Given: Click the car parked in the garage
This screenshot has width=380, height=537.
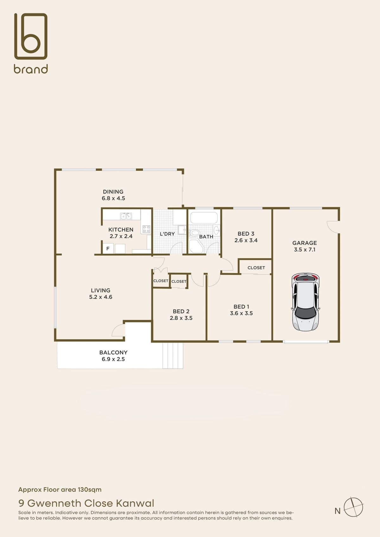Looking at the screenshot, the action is tap(306, 302).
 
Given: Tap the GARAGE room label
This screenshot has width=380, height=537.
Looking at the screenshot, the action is tap(304, 243).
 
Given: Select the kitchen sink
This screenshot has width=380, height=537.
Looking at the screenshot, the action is tap(126, 216).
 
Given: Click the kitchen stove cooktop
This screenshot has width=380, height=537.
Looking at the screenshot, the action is tap(146, 229).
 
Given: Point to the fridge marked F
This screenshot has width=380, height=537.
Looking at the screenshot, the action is tap(108, 249).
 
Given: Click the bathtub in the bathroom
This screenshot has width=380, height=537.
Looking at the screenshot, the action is tap(204, 218).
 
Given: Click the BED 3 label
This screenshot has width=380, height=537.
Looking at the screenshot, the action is tap(246, 234).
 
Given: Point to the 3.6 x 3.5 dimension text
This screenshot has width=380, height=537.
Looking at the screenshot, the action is tap(241, 313).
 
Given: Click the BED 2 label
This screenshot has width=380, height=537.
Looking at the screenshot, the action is tap(181, 311).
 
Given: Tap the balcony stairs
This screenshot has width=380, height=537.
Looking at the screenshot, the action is tap(173, 356).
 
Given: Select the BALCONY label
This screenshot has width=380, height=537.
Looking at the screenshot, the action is tap(113, 353).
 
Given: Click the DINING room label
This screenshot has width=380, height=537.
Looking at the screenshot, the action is tap(113, 191).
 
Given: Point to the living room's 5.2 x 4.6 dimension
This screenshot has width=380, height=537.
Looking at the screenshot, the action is tap(101, 297).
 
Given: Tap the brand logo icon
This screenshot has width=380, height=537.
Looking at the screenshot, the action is tap(31, 36).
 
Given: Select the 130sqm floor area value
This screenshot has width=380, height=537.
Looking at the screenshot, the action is tap(90, 490).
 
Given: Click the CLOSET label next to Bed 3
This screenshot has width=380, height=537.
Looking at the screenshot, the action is tap(256, 267).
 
